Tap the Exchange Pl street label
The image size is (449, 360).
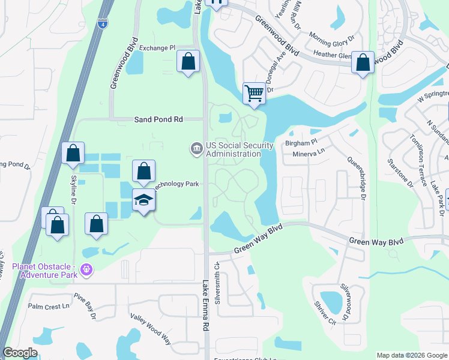(157, 47)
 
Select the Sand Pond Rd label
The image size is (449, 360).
(158, 119)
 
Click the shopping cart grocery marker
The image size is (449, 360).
(254, 94)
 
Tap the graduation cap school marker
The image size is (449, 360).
(144, 200)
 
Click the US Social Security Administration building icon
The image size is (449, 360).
(196, 148)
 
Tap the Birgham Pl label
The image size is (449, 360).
(301, 143)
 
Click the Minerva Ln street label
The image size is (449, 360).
(308, 154)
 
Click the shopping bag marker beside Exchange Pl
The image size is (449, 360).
(188, 61)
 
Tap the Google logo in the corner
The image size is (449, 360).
(20, 353)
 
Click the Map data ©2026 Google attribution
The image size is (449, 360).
(411, 355)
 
